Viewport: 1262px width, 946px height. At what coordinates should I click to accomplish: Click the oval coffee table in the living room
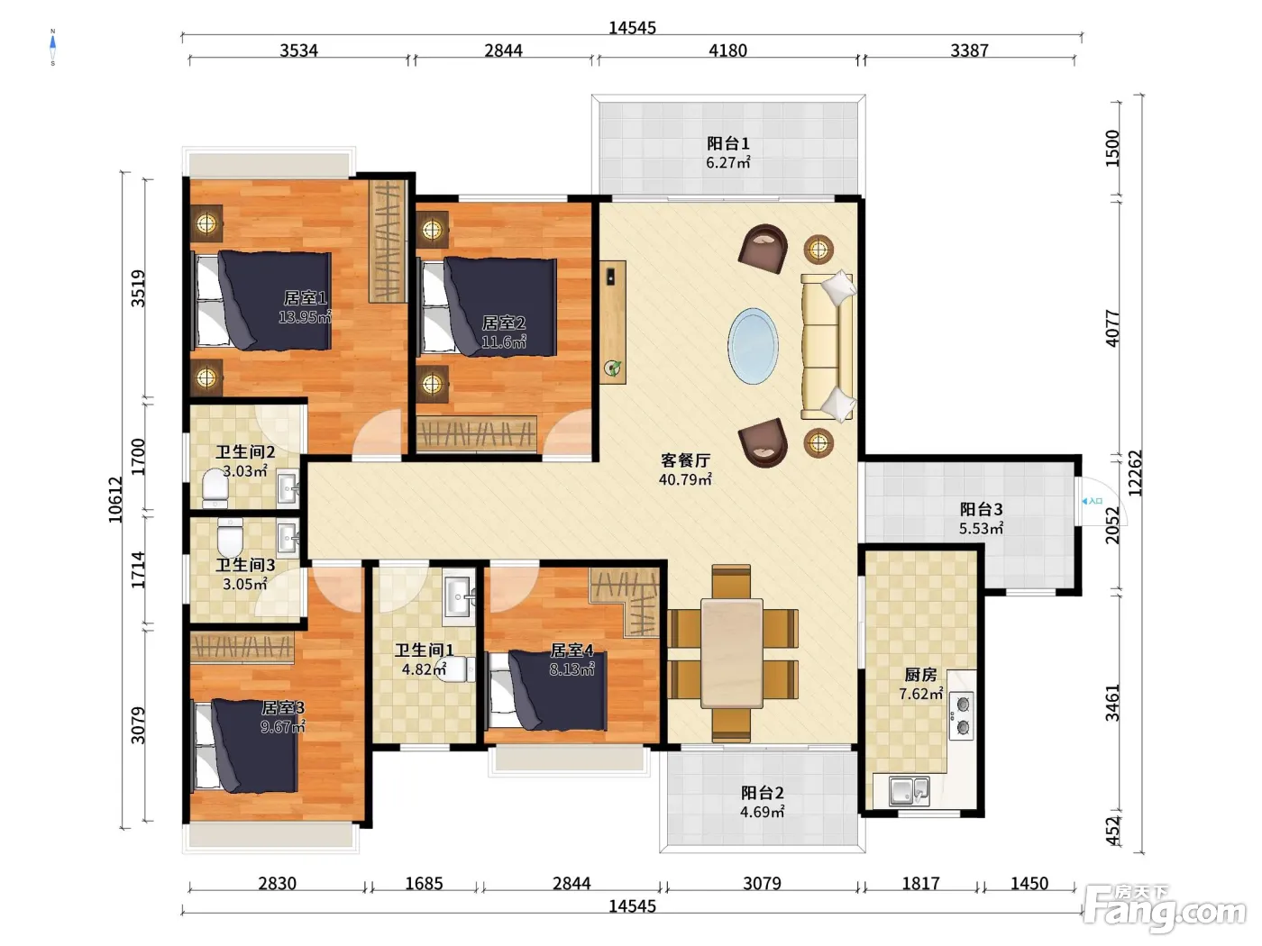753,346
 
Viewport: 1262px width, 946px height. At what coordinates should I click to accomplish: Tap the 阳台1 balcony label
727,143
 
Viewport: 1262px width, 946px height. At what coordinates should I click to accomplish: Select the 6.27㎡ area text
727,162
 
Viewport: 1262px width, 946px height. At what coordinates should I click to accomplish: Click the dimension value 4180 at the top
727,50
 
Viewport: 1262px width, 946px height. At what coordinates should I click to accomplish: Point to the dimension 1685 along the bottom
424,883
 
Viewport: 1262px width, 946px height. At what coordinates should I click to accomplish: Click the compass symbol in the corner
53,47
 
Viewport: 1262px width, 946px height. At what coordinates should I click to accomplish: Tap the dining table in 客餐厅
731,653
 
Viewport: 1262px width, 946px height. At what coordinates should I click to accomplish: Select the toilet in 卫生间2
215,488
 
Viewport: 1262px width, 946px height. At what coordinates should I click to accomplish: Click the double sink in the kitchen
909,791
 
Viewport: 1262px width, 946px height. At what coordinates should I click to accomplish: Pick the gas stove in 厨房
961,715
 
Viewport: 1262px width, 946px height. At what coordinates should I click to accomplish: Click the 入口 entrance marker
1092,501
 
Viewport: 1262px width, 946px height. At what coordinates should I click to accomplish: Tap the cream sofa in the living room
828,346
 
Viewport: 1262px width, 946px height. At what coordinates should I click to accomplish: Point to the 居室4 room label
572,650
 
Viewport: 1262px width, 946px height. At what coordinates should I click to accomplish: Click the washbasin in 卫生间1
458,596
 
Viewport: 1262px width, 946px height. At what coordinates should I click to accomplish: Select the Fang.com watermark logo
1164,908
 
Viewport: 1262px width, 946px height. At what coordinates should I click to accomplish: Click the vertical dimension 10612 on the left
115,500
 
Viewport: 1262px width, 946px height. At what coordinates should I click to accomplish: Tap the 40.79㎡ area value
685,479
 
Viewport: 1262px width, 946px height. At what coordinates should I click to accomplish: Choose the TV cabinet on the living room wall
612,323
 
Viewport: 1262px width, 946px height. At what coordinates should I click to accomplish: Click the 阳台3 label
981,509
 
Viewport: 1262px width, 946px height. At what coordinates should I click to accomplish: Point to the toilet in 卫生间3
230,536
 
